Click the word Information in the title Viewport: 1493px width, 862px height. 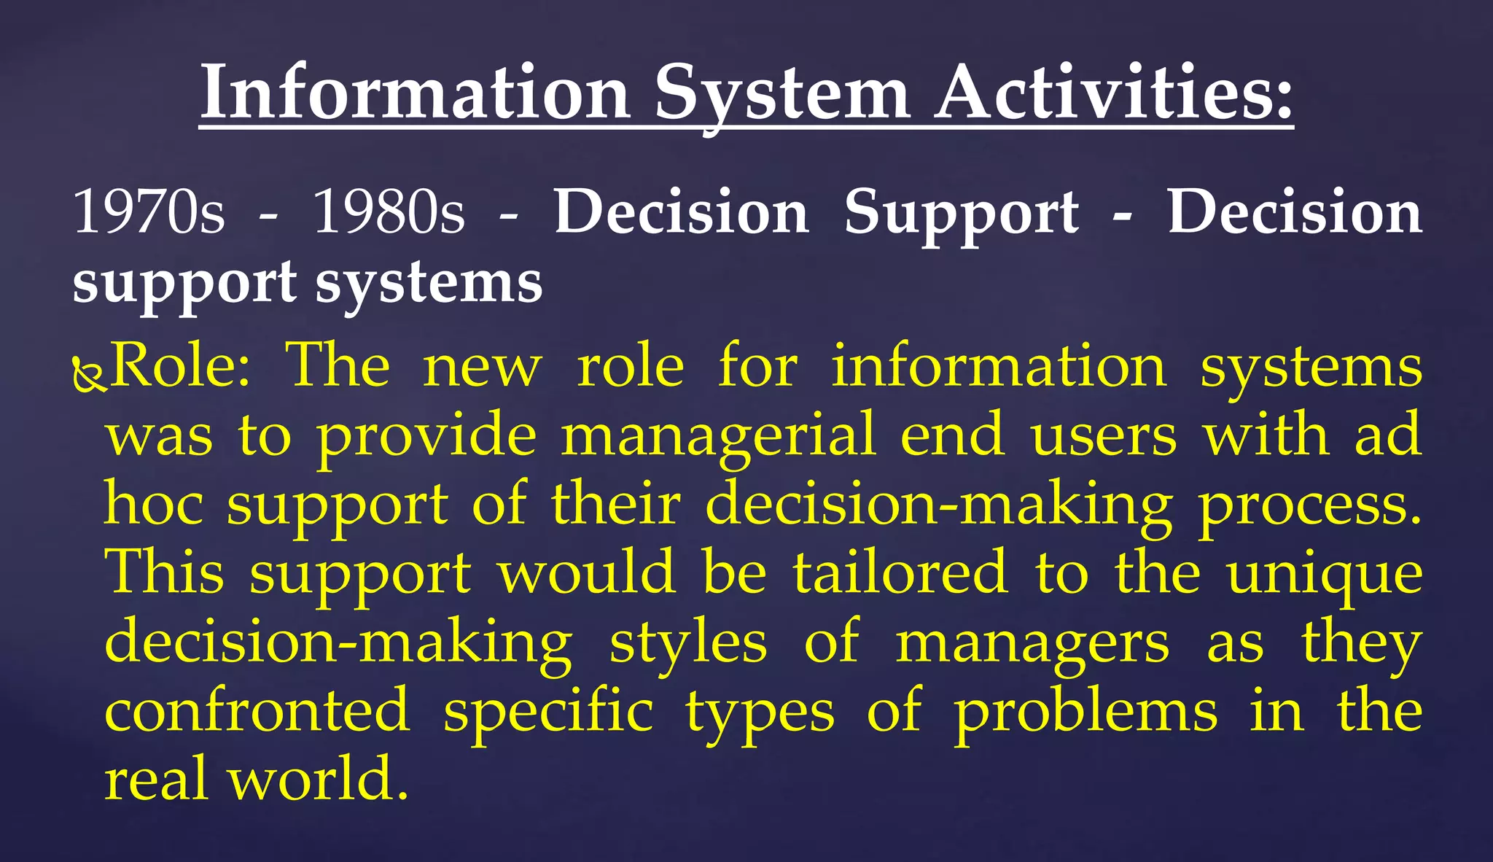click(x=415, y=93)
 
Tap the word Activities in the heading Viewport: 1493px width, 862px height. click(x=1115, y=93)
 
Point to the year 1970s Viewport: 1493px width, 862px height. click(x=149, y=211)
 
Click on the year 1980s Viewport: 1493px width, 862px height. click(x=389, y=211)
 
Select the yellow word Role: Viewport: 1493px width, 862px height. click(x=180, y=365)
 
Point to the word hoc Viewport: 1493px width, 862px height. click(x=154, y=504)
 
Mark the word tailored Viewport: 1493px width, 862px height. click(x=900, y=572)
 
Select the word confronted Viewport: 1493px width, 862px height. click(x=257, y=710)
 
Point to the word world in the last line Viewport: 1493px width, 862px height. click(x=318, y=779)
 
